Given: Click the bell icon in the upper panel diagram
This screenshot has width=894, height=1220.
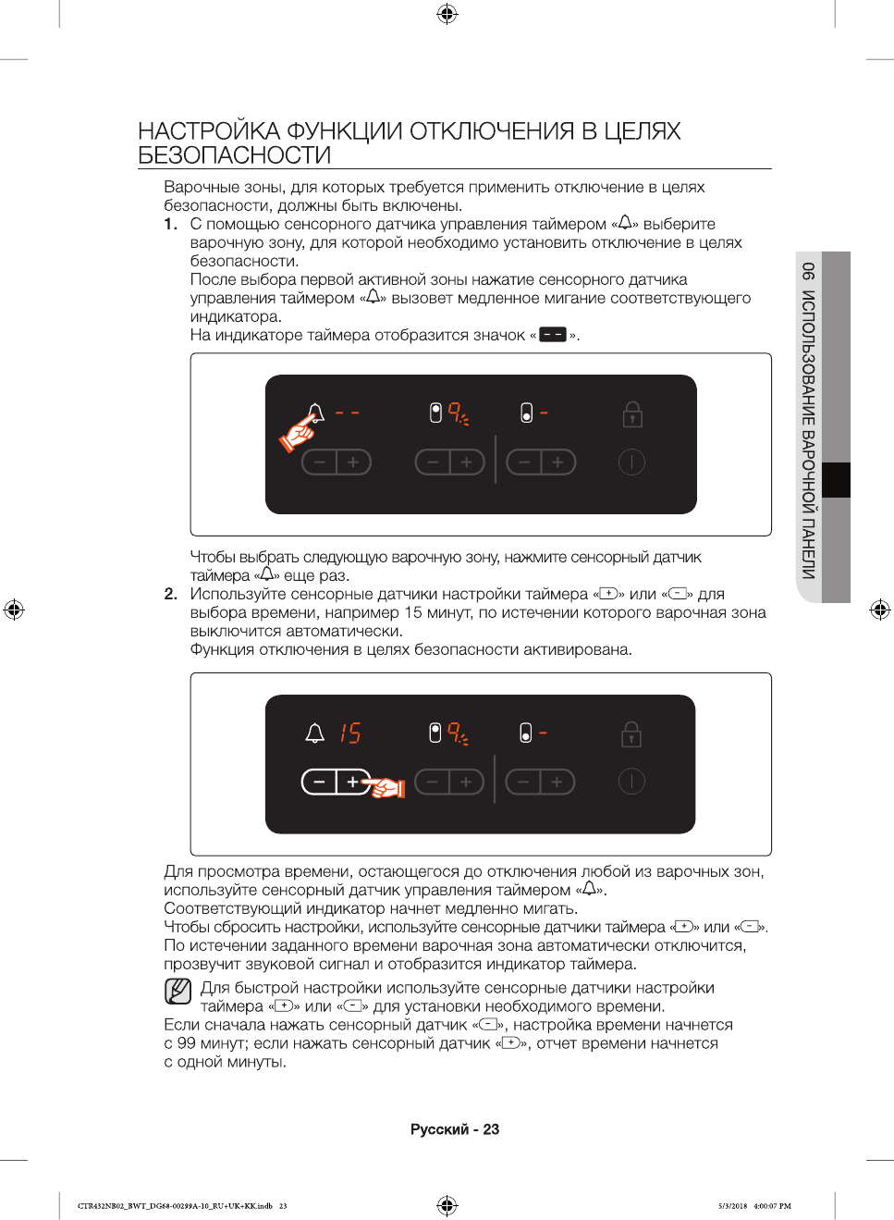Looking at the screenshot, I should tap(315, 412).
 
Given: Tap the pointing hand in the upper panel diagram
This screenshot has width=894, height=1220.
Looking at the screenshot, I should tap(298, 432).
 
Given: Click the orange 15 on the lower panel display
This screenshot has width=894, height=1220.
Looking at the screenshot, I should tap(349, 733).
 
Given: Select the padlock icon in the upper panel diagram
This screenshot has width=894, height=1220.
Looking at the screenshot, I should tap(632, 413).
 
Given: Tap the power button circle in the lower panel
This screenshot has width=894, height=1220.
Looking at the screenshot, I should tap(631, 782).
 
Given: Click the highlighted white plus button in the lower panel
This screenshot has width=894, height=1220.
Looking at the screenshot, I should tap(352, 783).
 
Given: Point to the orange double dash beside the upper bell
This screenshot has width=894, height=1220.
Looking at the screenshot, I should tap(347, 413).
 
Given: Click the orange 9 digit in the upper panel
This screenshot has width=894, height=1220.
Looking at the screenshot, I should tap(455, 412).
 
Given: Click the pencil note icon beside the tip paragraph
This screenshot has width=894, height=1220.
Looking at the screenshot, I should tap(178, 991).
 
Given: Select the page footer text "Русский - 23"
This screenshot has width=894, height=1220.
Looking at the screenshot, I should tap(454, 1129).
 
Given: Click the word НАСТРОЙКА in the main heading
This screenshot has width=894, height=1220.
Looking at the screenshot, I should tap(208, 131).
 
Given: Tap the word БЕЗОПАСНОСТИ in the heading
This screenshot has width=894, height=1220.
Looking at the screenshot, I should tap(234, 155).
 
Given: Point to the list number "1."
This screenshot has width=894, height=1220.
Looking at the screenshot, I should tap(170, 224).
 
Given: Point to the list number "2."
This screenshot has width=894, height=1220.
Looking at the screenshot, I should tap(170, 594).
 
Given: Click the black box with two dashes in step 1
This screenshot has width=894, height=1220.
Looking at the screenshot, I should tap(552, 335).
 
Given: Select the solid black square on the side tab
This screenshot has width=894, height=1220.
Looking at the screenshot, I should tap(836, 480).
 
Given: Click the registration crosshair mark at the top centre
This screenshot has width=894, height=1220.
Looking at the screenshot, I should tap(447, 13).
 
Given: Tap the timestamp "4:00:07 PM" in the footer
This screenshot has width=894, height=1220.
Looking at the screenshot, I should tap(772, 1206).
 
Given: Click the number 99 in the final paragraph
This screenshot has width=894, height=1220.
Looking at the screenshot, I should tap(187, 1043).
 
